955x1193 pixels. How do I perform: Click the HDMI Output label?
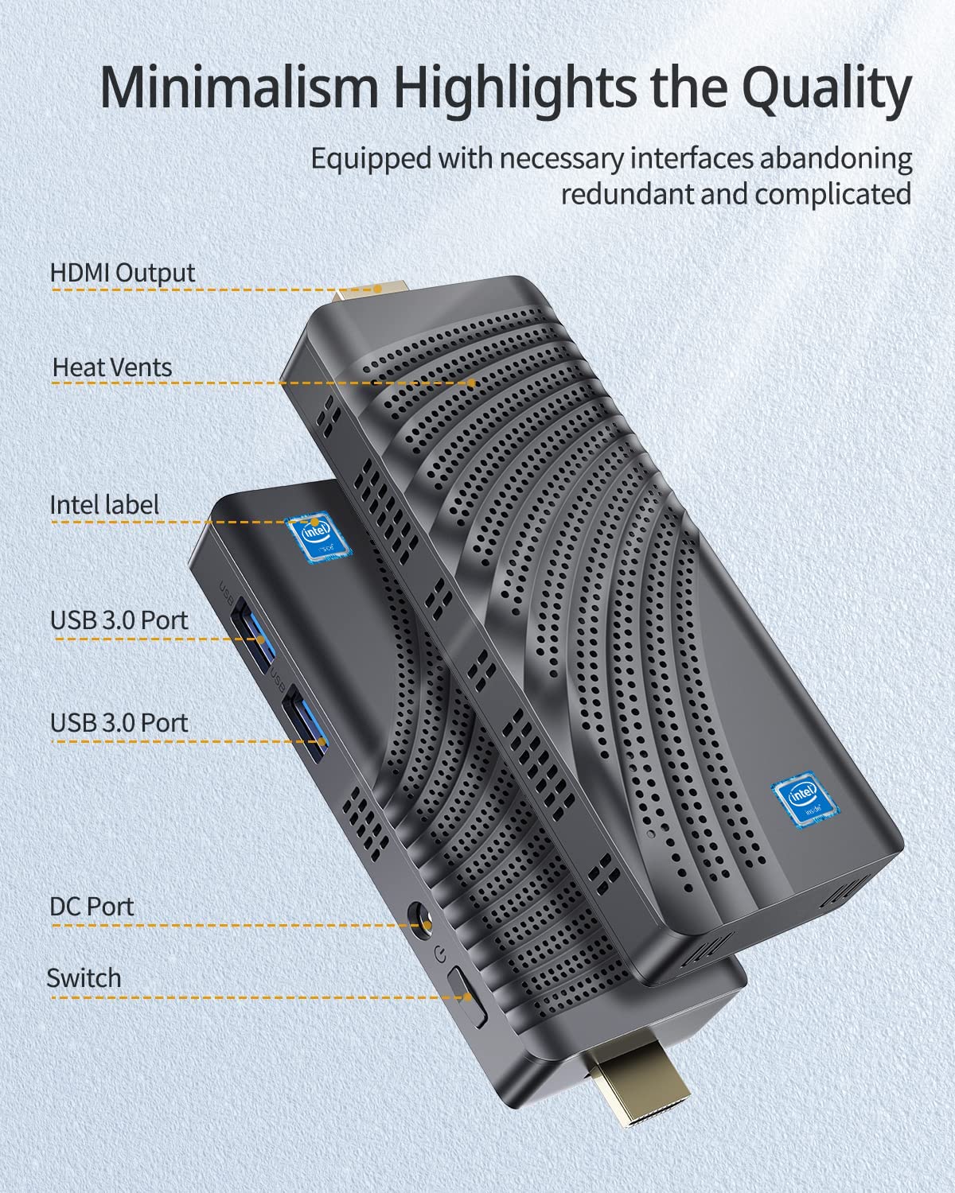123,272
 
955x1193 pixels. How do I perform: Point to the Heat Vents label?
112,367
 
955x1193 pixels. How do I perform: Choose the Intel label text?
104,505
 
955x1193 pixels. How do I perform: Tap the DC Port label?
92,906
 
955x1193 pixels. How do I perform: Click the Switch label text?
84,977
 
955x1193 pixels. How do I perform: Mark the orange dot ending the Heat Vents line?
472,383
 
